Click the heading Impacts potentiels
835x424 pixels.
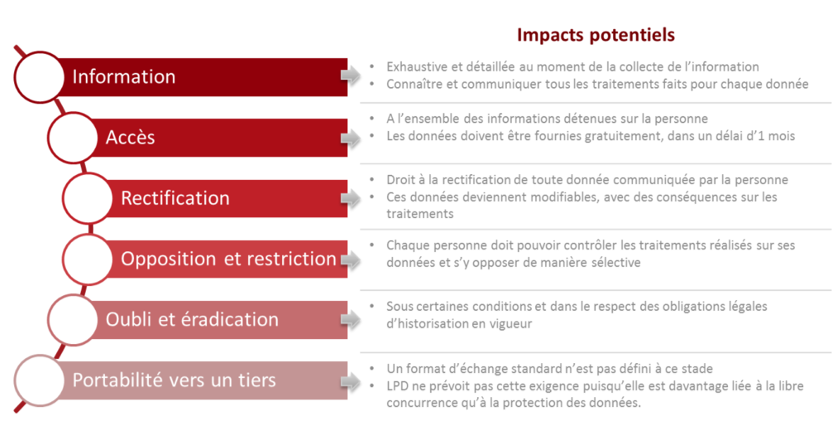coord(596,35)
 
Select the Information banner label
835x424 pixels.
coord(123,76)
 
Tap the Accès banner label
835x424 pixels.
coord(130,137)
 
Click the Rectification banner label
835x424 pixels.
coord(175,198)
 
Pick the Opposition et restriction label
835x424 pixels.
coord(228,259)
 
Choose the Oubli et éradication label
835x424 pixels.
coord(192,319)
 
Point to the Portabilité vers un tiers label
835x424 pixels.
coord(174,380)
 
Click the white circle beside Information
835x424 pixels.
coord(40,77)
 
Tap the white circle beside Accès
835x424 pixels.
coord(73,138)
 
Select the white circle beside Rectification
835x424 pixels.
coord(88,198)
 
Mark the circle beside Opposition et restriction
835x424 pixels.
coord(88,259)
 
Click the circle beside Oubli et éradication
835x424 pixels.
coord(73,320)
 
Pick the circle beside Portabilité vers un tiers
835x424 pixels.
coord(40,380)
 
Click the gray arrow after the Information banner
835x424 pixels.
coord(350,76)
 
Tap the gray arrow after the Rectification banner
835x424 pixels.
coord(350,198)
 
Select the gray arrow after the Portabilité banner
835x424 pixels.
coord(350,380)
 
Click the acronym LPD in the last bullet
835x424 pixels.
coord(396,386)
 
